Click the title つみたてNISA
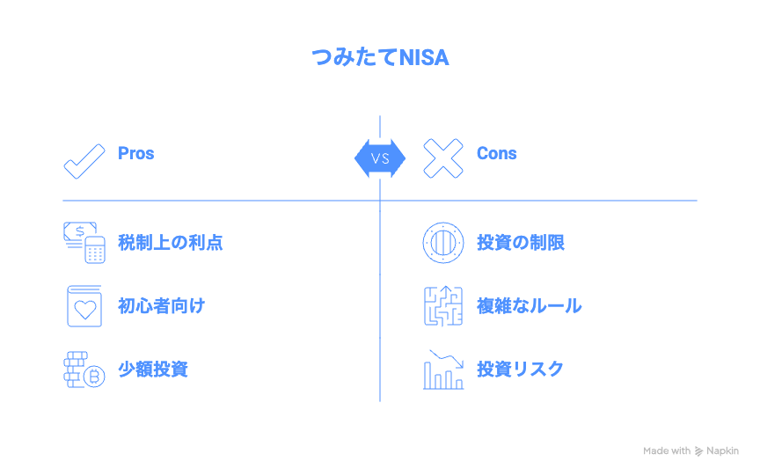pyautogui.click(x=380, y=58)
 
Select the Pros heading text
pyautogui.click(x=136, y=153)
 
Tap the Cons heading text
pyautogui.click(x=496, y=153)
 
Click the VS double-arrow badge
pyautogui.click(x=380, y=158)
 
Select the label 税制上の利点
pyautogui.click(x=171, y=242)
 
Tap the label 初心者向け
pyautogui.click(x=162, y=306)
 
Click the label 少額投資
pyautogui.click(x=153, y=369)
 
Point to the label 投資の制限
pyautogui.click(x=521, y=242)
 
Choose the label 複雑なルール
pyautogui.click(x=529, y=306)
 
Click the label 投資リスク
pyautogui.click(x=520, y=369)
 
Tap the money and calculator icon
pyautogui.click(x=84, y=242)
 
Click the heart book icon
pyautogui.click(x=84, y=306)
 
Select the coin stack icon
pyautogui.click(x=84, y=370)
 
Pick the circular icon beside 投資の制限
pyautogui.click(x=442, y=242)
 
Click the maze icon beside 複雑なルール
pyautogui.click(x=442, y=306)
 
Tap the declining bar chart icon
pyautogui.click(x=442, y=370)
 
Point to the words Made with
pyautogui.click(x=667, y=450)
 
